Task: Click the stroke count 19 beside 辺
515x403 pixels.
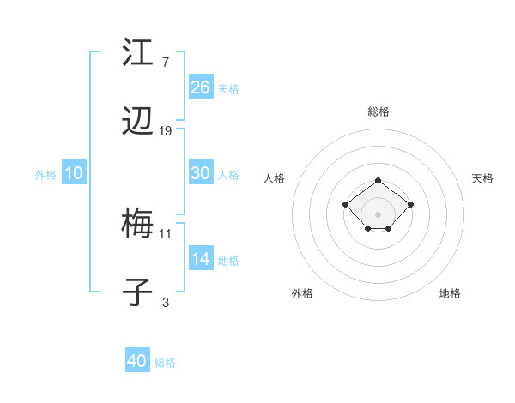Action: [166, 131]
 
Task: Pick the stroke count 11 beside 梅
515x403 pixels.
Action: [166, 233]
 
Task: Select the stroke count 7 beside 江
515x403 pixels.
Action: [166, 63]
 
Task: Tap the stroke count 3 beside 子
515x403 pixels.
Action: [166, 302]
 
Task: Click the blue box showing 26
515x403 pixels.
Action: [200, 87]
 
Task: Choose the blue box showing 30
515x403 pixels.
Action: [200, 173]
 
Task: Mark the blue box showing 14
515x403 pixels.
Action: [200, 259]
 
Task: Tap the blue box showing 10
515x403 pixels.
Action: [74, 173]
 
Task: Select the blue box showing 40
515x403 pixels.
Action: [137, 361]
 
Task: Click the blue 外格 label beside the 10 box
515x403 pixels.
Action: [45, 174]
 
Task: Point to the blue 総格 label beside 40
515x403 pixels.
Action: [165, 363]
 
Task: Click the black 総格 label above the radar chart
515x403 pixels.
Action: [378, 111]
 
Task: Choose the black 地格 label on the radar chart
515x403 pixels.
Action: [450, 293]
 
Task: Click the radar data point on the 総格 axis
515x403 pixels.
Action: [378, 181]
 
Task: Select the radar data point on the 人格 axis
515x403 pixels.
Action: [345, 204]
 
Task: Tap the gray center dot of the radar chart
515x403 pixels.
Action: [378, 214]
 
